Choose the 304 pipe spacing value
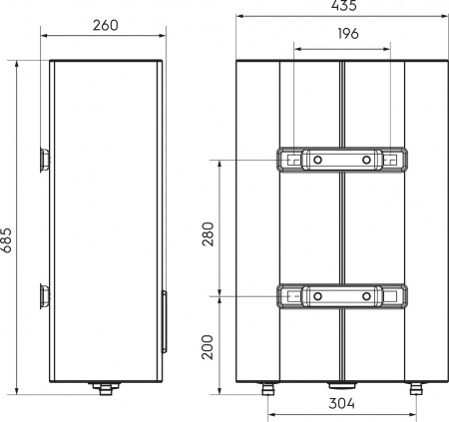click(x=342, y=404)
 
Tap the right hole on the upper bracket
click(x=367, y=160)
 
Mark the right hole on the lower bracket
click(x=367, y=296)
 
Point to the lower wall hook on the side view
click(x=44, y=295)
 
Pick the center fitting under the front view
click(x=342, y=384)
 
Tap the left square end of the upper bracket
click(x=289, y=160)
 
